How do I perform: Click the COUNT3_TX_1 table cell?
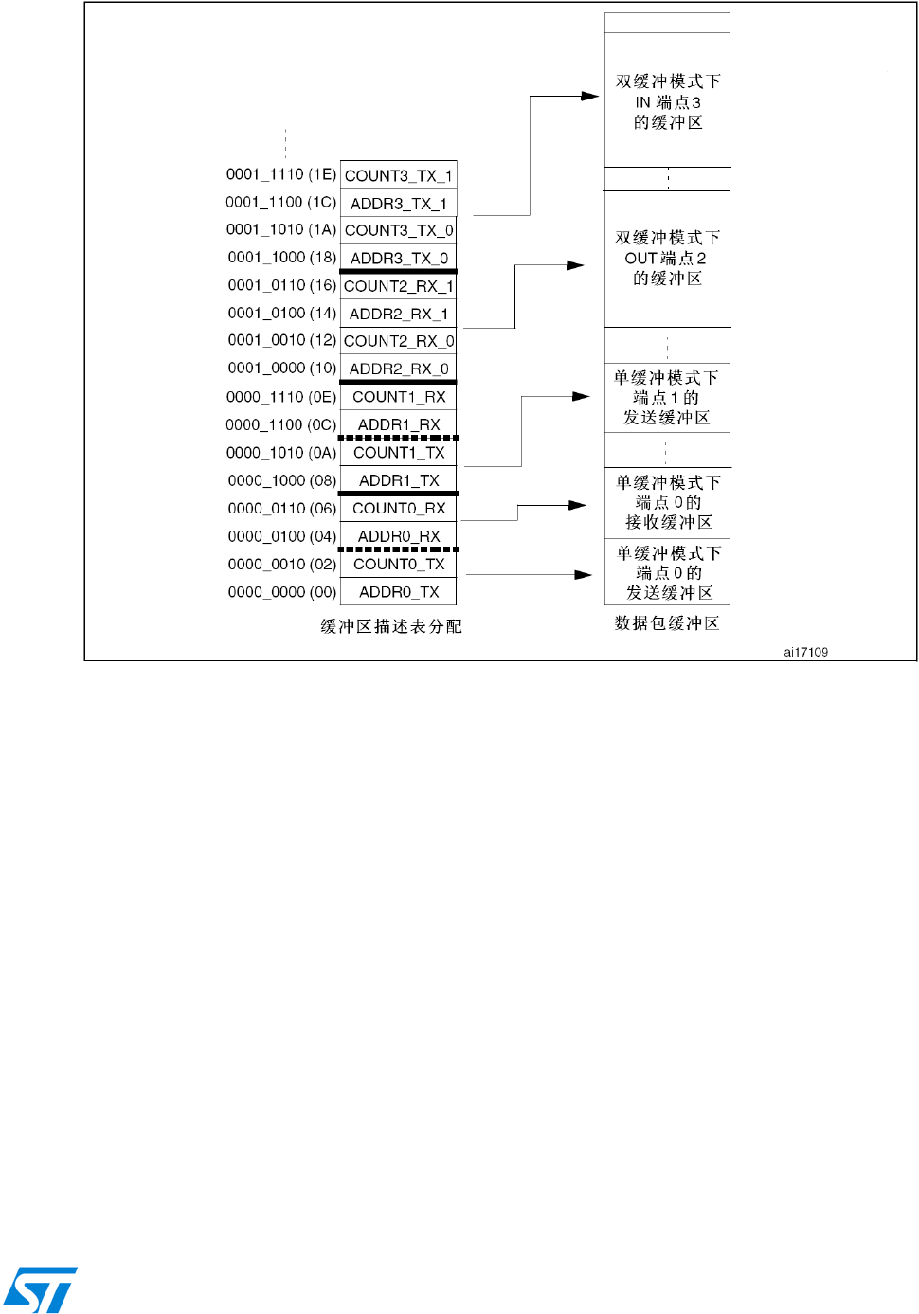pos(398,175)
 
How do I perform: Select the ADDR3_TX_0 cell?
pos(398,258)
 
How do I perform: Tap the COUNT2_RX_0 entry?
pos(398,341)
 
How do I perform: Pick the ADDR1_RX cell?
pos(398,424)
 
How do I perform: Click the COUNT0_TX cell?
pos(398,564)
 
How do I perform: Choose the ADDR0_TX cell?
pos(398,592)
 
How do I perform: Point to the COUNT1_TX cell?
pos(398,453)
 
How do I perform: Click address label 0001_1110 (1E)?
pos(280,174)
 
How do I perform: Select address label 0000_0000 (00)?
pos(281,592)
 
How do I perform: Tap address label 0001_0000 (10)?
pos(281,368)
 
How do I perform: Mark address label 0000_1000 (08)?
pos(281,480)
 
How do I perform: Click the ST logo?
pos(40,1289)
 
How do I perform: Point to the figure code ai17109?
pos(805,652)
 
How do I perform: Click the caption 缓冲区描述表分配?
pos(391,626)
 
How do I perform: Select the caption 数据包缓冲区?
pos(667,622)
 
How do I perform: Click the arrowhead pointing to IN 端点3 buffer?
pos(590,96)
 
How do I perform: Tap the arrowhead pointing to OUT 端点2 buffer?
pos(576,265)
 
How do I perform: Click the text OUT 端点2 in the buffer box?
pos(665,258)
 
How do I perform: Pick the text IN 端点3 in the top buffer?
pos(668,102)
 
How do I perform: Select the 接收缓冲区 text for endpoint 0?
pos(668,522)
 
